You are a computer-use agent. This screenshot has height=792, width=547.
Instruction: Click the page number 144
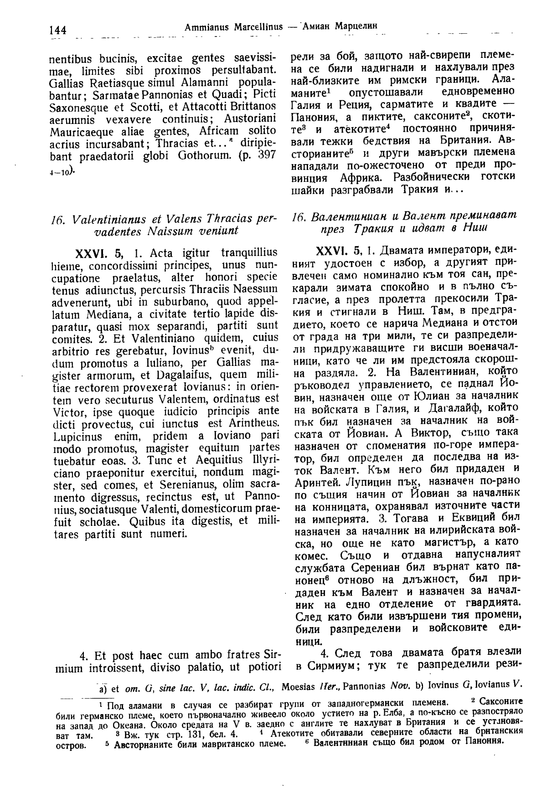point(57,31)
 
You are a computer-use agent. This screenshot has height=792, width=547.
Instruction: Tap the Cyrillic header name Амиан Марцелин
point(338,26)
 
